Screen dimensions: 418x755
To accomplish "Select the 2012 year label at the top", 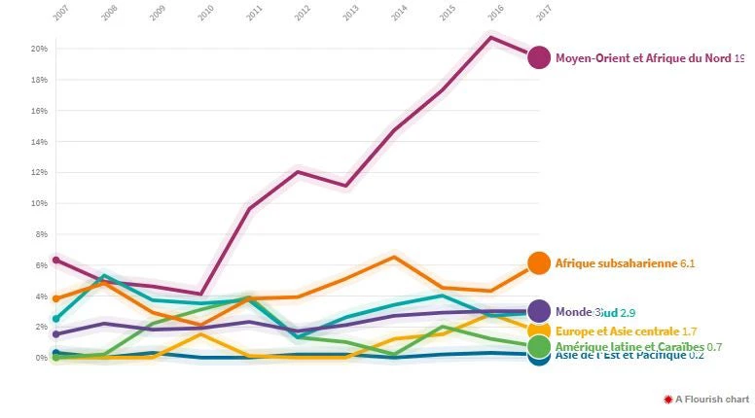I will (302, 14).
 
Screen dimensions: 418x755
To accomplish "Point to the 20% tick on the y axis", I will (39, 49).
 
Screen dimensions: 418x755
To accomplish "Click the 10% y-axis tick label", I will (39, 203).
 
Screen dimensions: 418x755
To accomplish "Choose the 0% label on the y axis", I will (41, 358).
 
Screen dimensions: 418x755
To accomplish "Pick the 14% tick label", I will (39, 142).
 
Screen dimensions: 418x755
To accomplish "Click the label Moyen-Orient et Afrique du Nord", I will (643, 58).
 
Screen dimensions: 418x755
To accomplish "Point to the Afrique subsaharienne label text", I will (616, 263).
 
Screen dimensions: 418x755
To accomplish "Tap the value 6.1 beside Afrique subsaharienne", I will (688, 263).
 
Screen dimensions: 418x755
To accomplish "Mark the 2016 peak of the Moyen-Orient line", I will (490, 37).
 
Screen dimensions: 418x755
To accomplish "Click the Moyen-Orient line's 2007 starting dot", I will (56, 260).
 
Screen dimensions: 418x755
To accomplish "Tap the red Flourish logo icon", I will (667, 400).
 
